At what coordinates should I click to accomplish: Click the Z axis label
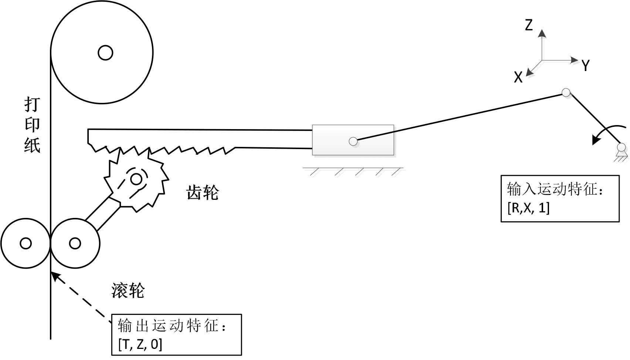pos(529,25)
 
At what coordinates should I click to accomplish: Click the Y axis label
pos(585,65)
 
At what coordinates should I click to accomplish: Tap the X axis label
pos(518,77)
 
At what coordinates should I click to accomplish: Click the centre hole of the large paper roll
pos(105,53)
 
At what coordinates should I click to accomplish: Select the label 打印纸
pos(32,125)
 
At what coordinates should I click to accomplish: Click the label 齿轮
pos(203,193)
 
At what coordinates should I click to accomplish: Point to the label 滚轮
pos(128,291)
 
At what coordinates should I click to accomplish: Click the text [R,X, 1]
pos(529,208)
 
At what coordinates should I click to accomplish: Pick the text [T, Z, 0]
pos(140,344)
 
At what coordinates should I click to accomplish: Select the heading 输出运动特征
pos(172,326)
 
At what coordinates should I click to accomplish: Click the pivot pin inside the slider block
pos(353,141)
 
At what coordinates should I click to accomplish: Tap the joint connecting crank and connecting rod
pos(566,92)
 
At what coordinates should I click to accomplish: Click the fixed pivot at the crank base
pos(621,148)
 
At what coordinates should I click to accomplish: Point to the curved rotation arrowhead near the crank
pos(596,141)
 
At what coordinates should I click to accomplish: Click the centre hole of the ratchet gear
pos(136,179)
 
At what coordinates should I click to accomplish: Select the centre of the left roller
pos(26,243)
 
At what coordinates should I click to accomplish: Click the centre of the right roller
pos(75,243)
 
